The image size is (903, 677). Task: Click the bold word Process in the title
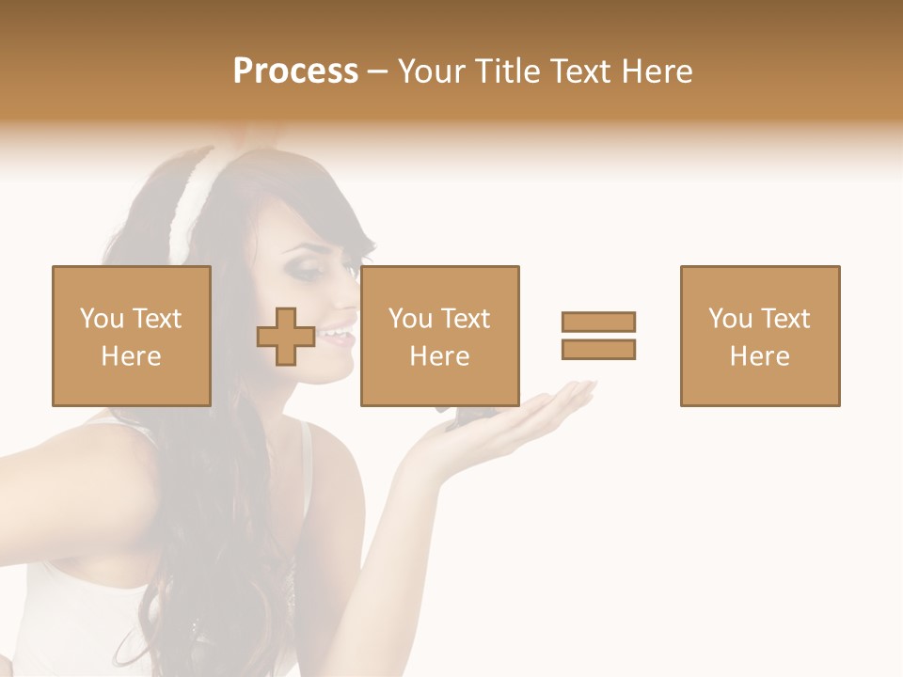click(295, 71)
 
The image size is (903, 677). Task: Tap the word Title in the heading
click(509, 71)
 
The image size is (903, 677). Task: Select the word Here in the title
click(656, 71)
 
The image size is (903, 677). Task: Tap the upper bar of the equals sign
click(598, 322)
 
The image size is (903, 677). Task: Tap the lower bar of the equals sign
click(598, 349)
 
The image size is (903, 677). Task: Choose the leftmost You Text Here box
click(132, 336)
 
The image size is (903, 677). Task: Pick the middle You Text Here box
click(439, 336)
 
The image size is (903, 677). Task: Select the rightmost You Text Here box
click(759, 336)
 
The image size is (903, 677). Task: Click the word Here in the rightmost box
click(759, 356)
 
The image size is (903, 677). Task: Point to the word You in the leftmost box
click(102, 319)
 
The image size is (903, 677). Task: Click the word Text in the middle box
click(466, 319)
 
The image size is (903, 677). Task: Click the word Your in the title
click(433, 71)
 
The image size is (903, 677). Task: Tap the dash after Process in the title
click(377, 71)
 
